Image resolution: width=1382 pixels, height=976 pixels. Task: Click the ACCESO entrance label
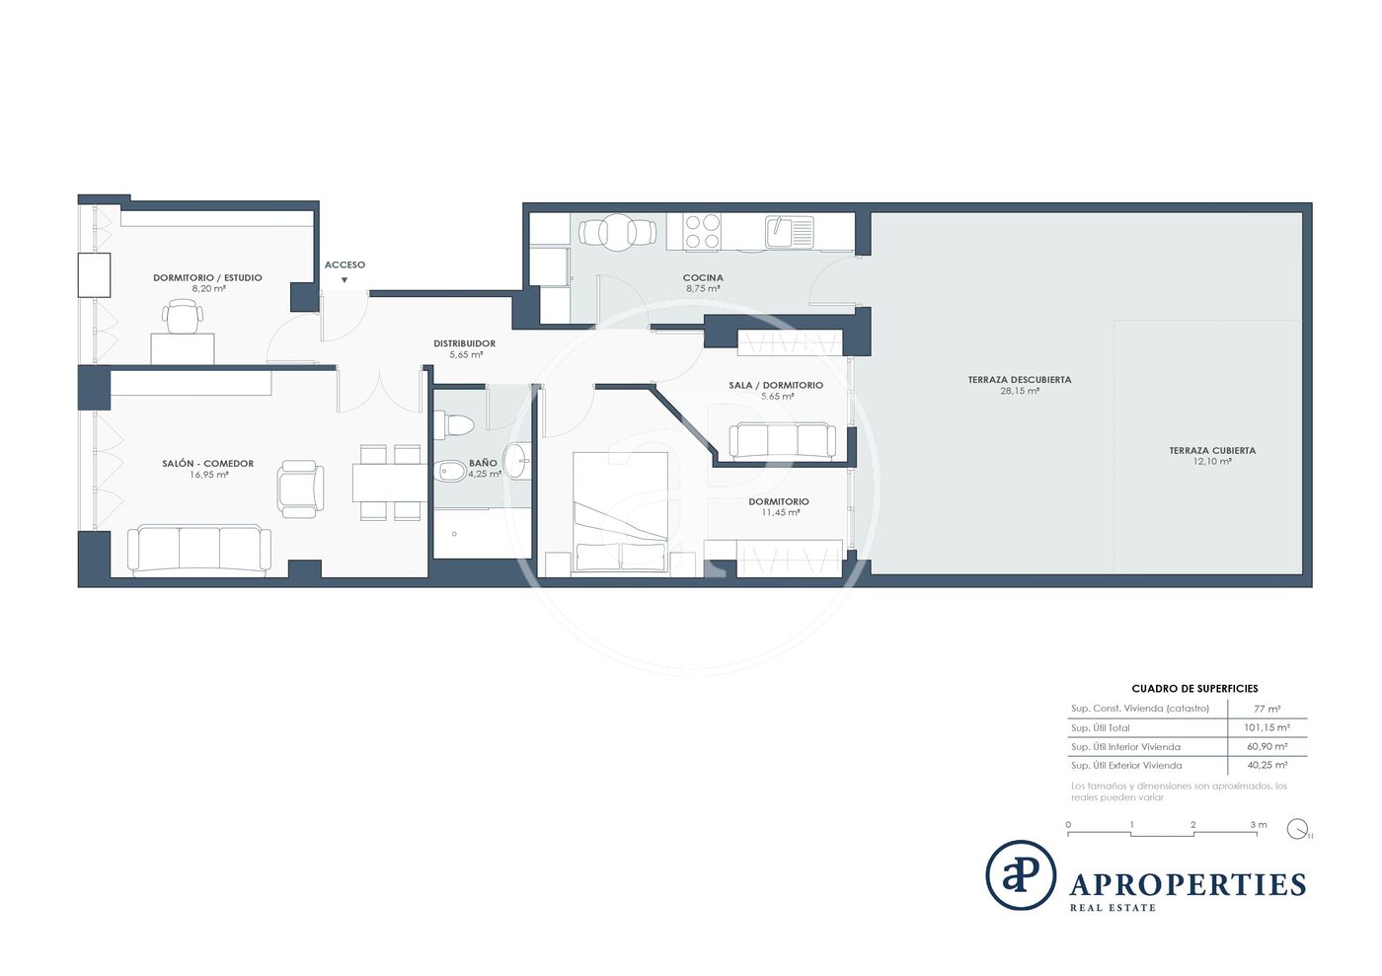[345, 264]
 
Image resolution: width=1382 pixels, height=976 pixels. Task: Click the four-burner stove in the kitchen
[703, 231]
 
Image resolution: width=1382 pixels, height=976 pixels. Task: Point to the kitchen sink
[790, 232]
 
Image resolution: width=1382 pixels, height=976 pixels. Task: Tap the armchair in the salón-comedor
[300, 488]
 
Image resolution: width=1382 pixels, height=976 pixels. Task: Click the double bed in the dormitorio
[621, 512]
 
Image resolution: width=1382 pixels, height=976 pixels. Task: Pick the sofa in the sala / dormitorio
[782, 441]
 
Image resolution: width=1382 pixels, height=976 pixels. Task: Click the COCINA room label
[703, 277]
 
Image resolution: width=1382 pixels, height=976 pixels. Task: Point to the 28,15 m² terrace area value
[1019, 391]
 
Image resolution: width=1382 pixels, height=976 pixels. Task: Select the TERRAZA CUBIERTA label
[1212, 450]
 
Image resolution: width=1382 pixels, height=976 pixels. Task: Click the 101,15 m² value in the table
[1267, 727]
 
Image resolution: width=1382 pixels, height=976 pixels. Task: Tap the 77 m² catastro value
[1267, 709]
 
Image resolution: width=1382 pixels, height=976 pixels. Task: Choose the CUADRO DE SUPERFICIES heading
[1194, 689]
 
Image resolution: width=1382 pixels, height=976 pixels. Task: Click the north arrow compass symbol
[1298, 829]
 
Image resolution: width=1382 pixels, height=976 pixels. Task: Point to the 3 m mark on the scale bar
[1259, 824]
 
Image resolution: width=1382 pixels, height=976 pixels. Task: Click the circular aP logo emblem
[1021, 874]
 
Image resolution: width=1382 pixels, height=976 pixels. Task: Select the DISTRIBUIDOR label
[465, 343]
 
